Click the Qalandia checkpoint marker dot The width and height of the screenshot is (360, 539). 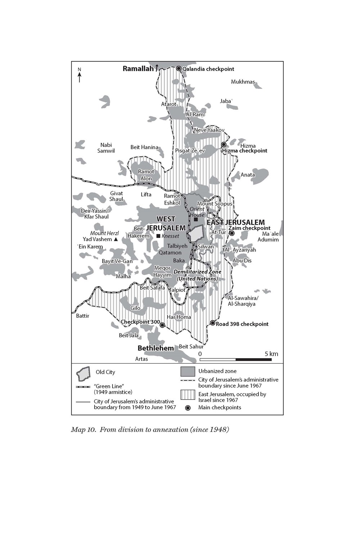[x=179, y=68]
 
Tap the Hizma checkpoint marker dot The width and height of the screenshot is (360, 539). [x=223, y=144]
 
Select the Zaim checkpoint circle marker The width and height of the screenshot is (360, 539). [x=232, y=233]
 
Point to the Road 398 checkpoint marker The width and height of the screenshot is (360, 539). [x=213, y=323]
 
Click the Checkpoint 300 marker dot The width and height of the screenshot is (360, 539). [x=162, y=325]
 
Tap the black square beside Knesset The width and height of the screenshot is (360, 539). [x=158, y=236]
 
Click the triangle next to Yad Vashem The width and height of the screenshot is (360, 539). [x=116, y=239]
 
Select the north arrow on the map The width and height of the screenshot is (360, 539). [x=80, y=76]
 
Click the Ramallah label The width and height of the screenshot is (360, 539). [x=138, y=69]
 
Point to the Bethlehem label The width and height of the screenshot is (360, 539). [x=156, y=348]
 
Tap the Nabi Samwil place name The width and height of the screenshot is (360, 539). [x=106, y=148]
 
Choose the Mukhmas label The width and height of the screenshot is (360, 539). [x=243, y=82]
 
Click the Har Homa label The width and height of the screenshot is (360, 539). [x=179, y=317]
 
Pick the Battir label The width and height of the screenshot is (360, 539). [x=82, y=316]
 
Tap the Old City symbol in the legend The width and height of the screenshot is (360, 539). [x=83, y=374]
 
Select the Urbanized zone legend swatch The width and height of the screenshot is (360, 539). [x=188, y=371]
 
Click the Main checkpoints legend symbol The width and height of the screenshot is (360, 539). [x=188, y=408]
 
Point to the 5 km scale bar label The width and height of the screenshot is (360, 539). [x=271, y=354]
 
